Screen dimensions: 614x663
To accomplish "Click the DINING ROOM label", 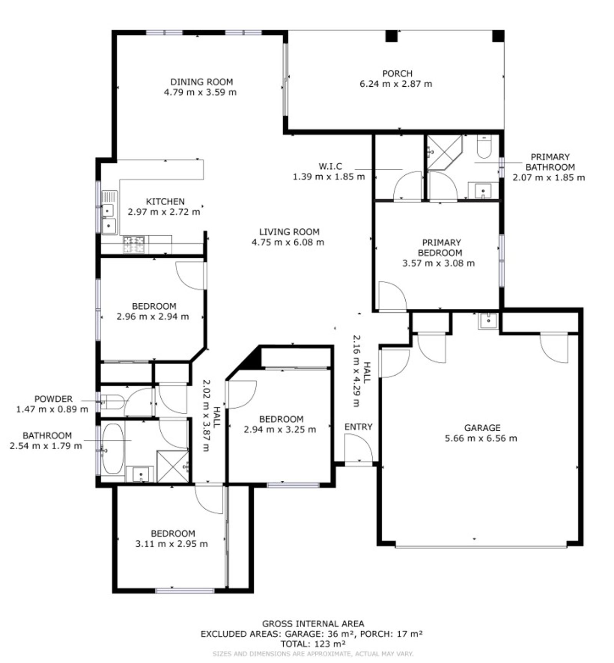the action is coord(201,82).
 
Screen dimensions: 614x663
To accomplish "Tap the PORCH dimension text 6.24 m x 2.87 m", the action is coord(396,84).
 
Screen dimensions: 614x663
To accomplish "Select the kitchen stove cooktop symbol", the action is coord(134,245).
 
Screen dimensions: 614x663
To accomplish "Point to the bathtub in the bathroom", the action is coord(113,448).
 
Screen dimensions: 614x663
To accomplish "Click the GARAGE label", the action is coord(482,427).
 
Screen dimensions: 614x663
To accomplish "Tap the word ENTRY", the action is coord(358,427).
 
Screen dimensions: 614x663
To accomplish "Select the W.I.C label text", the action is coord(330,166).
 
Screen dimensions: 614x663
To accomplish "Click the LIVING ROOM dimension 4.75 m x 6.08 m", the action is coord(288,242).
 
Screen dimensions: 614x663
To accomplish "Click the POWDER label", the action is coord(53,399).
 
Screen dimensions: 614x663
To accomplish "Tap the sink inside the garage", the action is coord(488,321).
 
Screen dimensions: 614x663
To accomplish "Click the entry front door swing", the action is coord(358,448).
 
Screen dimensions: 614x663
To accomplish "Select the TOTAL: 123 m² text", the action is coord(313,643).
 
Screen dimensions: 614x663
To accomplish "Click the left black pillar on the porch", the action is coord(392,36).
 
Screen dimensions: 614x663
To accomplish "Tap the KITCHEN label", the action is coord(165,201).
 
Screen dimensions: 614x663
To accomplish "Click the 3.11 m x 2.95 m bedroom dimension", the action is coord(172,544).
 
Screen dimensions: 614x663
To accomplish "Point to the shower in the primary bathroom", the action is coord(445,152).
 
